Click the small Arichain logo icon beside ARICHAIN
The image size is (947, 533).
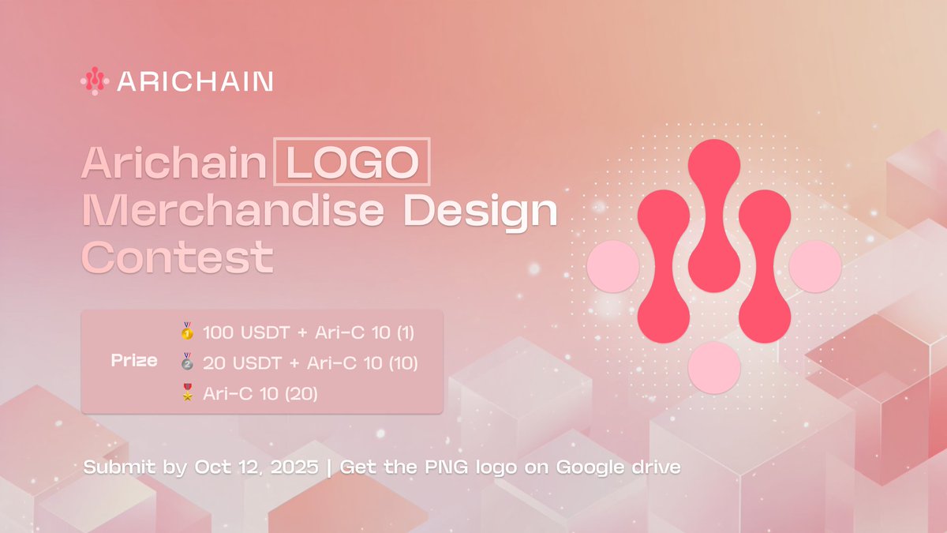pyautogui.click(x=95, y=81)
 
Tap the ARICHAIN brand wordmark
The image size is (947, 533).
pyautogui.click(x=195, y=81)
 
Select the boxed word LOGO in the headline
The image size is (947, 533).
pyautogui.click(x=352, y=163)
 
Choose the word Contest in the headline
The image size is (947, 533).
pyautogui.click(x=178, y=257)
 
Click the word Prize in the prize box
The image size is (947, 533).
pyautogui.click(x=134, y=362)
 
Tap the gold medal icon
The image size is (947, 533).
pyautogui.click(x=186, y=332)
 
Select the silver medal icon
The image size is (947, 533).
pyautogui.click(x=186, y=362)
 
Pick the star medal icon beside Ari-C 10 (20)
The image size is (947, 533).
pyautogui.click(x=186, y=392)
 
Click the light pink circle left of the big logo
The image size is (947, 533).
pyautogui.click(x=613, y=267)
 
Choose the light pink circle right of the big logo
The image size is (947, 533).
pyautogui.click(x=815, y=267)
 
